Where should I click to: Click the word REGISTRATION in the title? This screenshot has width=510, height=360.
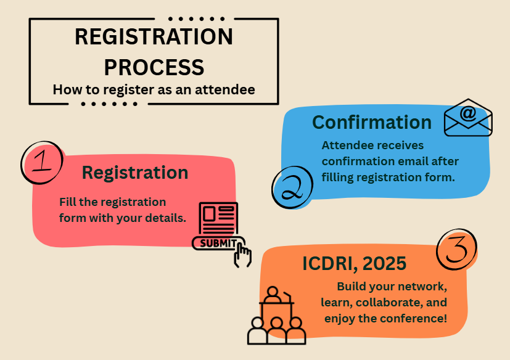pos(154,36)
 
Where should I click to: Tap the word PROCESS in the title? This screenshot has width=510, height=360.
pos(154,67)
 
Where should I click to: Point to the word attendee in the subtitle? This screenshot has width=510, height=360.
pos(224,89)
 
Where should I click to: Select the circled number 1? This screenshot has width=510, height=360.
pos(43,162)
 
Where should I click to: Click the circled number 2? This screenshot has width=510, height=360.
pos(292,187)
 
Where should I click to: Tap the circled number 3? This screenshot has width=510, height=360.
pos(457,250)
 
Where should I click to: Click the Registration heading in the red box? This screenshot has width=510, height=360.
pos(135,173)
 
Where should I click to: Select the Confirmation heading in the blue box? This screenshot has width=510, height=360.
pos(372,122)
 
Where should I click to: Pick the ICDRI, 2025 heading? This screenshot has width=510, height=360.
pos(354,263)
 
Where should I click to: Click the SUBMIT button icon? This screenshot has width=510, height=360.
pos(218,243)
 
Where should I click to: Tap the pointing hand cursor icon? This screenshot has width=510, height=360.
pos(242,255)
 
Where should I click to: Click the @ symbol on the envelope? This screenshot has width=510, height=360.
pos(468,113)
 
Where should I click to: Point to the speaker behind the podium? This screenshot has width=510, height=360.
pos(273,295)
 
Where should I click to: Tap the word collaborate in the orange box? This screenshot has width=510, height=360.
pos(389,303)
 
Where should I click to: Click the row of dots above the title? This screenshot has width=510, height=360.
pos(197,19)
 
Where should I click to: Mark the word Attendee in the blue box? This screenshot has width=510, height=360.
pos(347,145)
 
